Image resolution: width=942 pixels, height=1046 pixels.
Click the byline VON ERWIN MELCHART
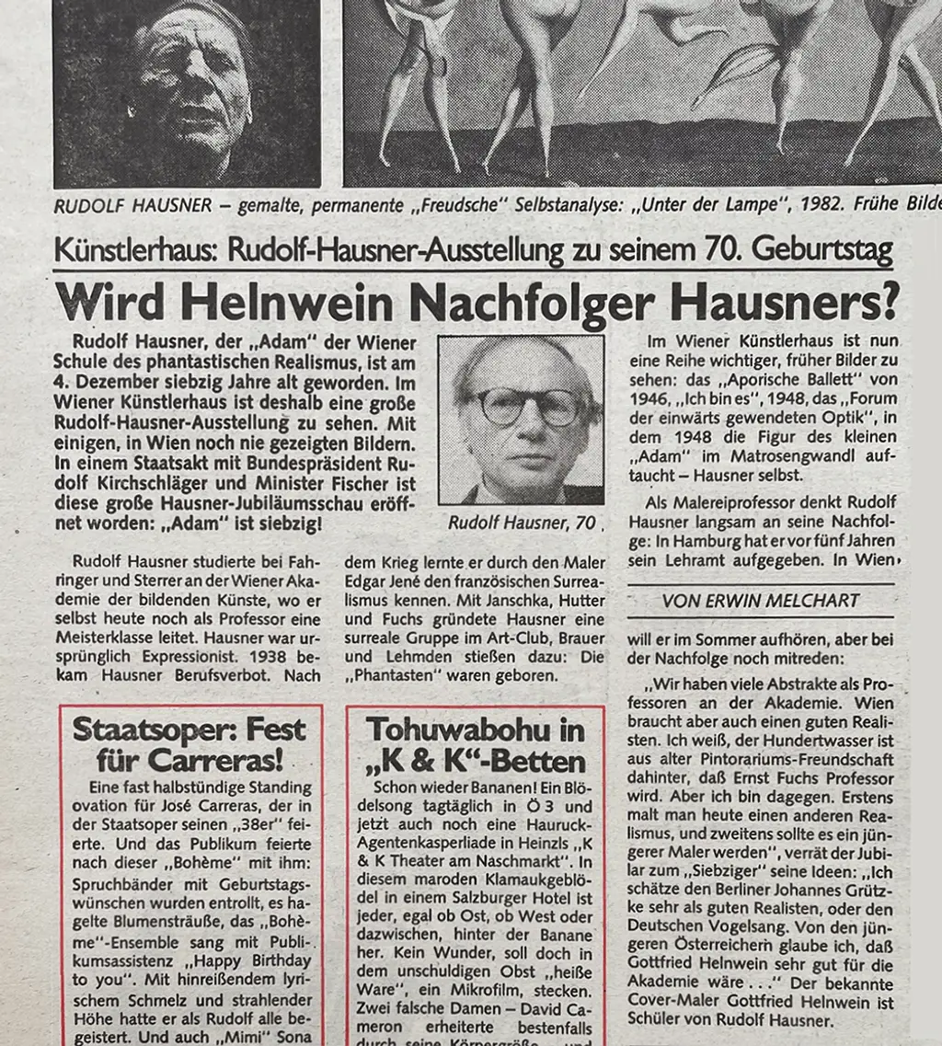tap(761, 601)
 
